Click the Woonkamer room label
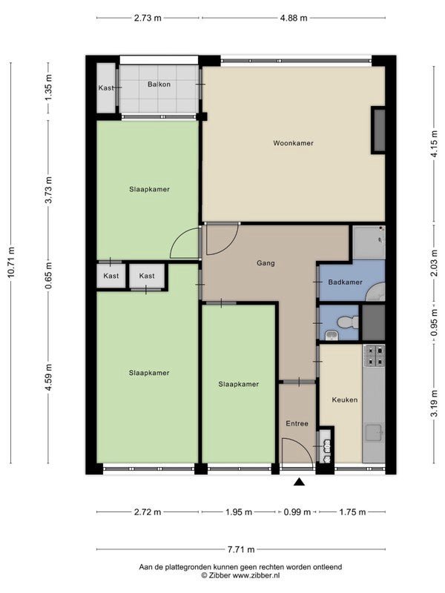293,143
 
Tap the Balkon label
159,84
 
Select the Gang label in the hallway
266,263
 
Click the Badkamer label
345,282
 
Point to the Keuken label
344,400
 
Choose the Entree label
297,423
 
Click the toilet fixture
348,322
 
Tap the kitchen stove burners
375,356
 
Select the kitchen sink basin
374,432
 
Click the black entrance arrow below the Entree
300,482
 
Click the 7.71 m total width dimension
241,549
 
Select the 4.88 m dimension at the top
294,18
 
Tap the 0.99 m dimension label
297,512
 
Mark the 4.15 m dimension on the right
435,143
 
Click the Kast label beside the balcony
106,87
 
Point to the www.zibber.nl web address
256,575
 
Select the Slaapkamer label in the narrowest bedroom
238,384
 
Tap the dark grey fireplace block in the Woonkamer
378,130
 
